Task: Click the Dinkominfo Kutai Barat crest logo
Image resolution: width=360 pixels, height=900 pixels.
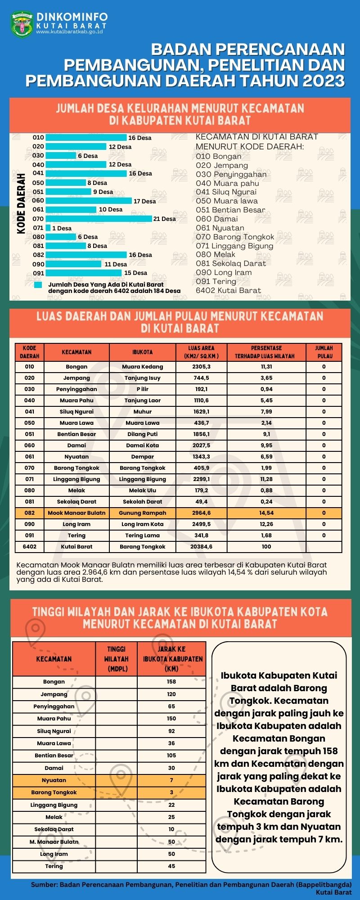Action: (x=22, y=25)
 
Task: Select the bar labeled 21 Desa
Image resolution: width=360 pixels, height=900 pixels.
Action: (x=99, y=219)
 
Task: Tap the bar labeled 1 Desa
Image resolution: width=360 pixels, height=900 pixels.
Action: (x=48, y=228)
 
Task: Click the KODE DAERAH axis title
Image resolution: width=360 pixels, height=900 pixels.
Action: (x=21, y=203)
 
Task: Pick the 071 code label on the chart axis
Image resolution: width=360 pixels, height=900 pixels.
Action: (x=38, y=228)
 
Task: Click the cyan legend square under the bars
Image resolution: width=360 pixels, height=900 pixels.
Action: (x=38, y=285)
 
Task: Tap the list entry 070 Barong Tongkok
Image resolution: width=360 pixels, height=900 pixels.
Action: (x=235, y=237)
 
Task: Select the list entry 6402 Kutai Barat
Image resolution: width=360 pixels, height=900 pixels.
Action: (x=228, y=290)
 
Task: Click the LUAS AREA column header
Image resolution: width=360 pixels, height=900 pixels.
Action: (x=201, y=352)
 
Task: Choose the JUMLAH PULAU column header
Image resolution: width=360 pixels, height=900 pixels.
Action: (x=324, y=352)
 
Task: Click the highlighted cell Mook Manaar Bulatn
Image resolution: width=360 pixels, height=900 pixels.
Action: (x=76, y=513)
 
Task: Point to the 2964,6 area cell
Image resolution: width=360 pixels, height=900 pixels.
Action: (x=201, y=513)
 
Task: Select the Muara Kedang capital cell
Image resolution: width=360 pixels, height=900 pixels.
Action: (x=143, y=367)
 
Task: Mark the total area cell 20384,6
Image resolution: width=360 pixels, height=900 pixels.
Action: (x=201, y=547)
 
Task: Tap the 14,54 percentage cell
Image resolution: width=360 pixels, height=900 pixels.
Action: (x=266, y=513)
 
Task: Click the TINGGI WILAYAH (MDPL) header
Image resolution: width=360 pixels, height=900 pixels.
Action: (x=116, y=659)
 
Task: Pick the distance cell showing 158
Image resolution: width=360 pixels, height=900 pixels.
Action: (x=171, y=682)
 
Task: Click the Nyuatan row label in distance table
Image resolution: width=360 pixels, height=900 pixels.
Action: (x=54, y=780)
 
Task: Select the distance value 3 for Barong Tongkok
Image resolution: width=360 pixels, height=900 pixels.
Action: (x=171, y=792)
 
